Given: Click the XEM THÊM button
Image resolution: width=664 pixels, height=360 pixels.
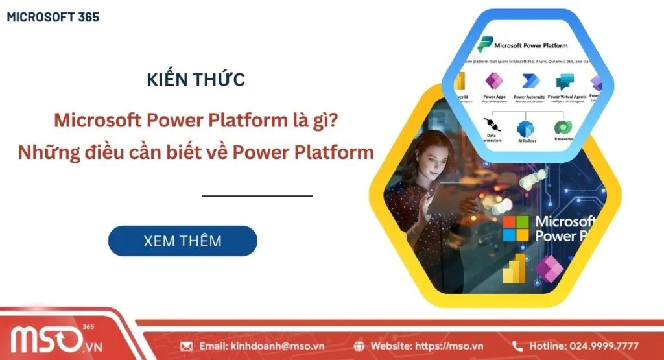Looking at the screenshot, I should point(182,241).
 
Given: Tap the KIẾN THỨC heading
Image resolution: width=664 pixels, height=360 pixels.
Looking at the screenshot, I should point(196,80).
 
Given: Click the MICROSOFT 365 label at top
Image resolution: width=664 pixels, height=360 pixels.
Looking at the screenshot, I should point(53,18).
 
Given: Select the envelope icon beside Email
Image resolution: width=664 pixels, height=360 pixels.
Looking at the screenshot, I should point(187,346).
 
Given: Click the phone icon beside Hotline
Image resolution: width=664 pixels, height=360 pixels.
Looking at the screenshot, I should point(517,346).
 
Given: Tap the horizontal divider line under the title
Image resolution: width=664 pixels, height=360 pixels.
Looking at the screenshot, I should point(257,195).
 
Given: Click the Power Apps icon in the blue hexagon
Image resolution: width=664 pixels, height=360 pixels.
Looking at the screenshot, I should point(494,82).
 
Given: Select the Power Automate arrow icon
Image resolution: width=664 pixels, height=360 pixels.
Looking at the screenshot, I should point(531,82).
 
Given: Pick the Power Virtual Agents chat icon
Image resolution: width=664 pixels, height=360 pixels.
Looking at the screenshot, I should point(565,82).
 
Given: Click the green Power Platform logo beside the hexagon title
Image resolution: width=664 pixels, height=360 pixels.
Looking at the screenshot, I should point(484,45).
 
